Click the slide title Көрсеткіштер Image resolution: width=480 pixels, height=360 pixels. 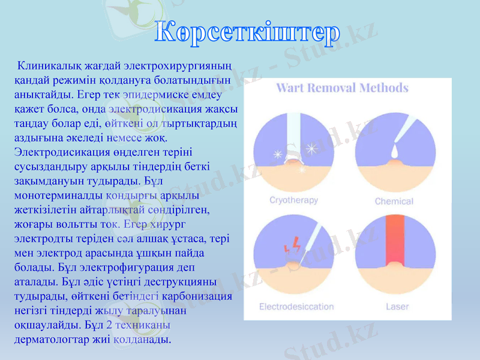[247, 34]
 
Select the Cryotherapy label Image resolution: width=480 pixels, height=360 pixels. [293, 200]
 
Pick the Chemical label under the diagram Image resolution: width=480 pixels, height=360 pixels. [394, 201]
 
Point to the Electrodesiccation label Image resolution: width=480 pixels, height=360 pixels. [296, 307]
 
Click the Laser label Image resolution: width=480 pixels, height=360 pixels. [397, 307]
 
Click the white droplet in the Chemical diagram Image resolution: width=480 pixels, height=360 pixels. [394, 152]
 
